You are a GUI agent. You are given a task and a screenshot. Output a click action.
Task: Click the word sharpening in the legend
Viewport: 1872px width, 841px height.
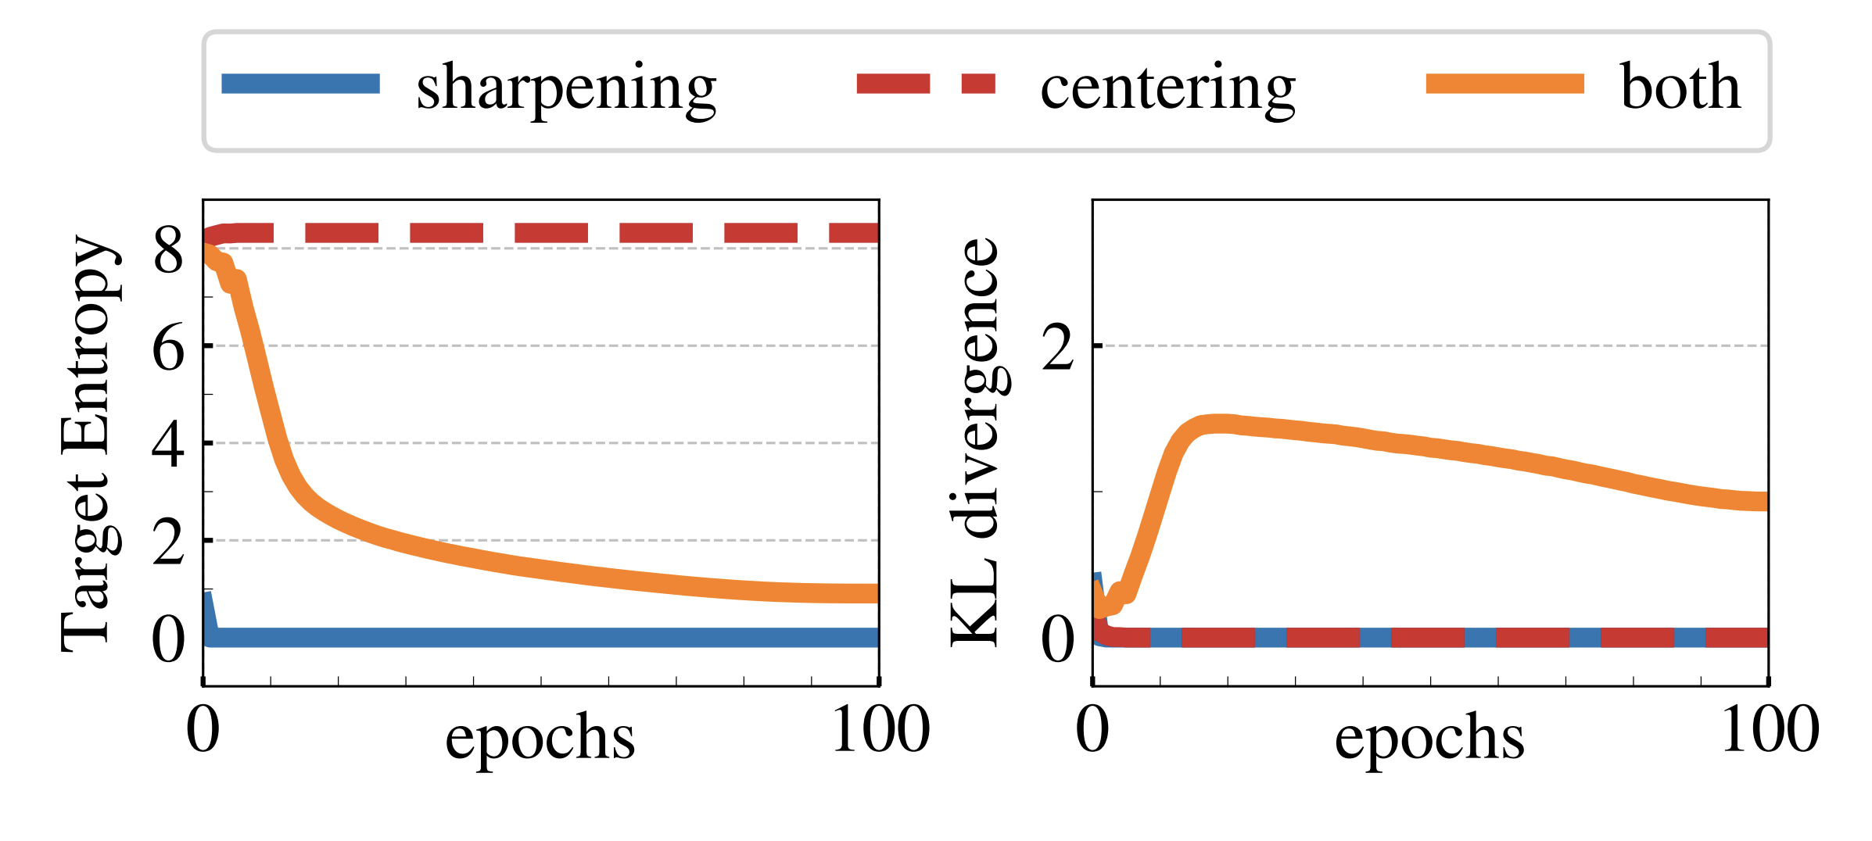(x=566, y=88)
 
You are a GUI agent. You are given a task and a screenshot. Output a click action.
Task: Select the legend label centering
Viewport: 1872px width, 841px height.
(x=1167, y=88)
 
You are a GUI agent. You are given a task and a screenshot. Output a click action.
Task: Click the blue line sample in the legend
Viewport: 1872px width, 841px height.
(x=300, y=84)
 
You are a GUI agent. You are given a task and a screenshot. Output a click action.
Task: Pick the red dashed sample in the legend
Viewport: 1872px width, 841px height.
(x=926, y=84)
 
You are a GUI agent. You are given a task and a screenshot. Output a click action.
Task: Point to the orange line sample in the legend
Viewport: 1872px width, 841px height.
(x=1504, y=84)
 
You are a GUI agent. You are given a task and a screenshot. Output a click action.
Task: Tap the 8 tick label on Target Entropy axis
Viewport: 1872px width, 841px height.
(x=168, y=251)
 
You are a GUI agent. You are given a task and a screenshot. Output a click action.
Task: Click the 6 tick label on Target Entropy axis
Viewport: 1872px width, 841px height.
(x=168, y=348)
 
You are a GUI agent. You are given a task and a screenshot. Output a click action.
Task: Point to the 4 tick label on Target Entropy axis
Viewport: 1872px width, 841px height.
(x=168, y=446)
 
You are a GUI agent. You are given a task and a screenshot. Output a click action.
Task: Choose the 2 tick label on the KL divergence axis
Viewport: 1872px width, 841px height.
(x=1058, y=348)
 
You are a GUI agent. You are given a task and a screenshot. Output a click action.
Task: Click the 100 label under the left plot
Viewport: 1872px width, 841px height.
(x=880, y=730)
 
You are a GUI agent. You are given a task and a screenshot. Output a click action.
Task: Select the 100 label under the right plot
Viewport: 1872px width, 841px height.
(x=1770, y=730)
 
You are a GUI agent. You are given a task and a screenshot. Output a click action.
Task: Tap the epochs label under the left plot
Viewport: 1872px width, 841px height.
(x=540, y=738)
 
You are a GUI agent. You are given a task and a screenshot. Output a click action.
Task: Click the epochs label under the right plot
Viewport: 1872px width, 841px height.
(x=1429, y=738)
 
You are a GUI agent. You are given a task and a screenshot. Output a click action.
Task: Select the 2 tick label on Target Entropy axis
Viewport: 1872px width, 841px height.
(x=168, y=542)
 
